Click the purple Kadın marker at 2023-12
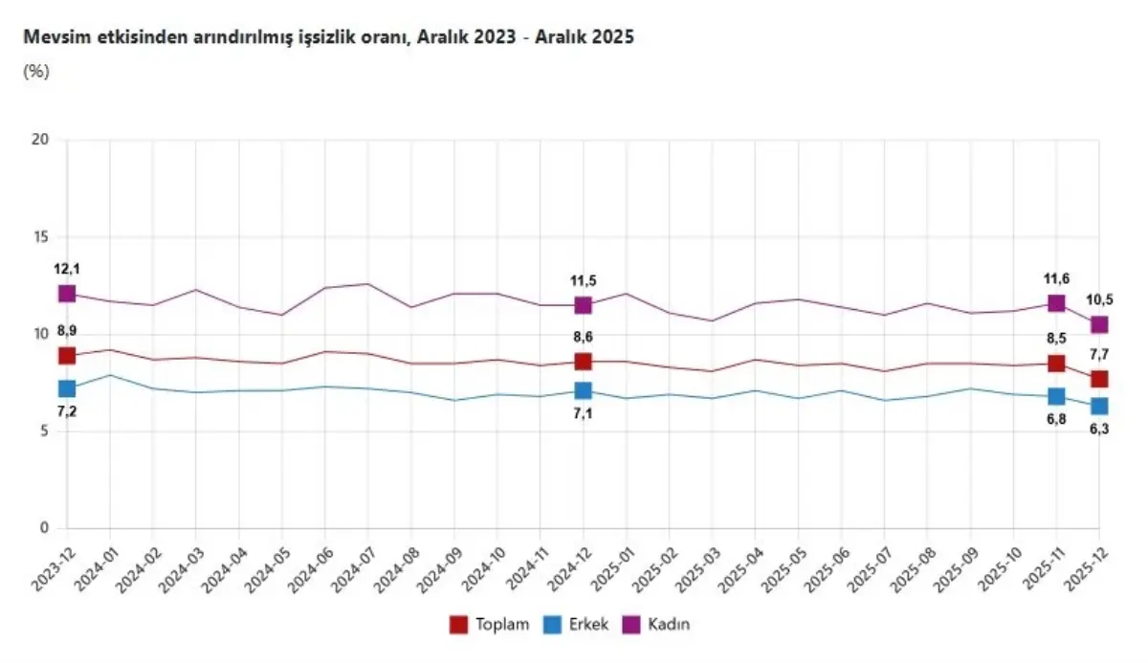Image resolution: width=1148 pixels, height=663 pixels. point(66,294)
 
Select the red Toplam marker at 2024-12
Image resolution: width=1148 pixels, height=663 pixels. point(583,362)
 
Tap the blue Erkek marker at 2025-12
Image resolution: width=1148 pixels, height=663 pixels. point(1099,407)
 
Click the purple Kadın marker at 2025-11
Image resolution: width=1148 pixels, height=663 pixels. point(1056,303)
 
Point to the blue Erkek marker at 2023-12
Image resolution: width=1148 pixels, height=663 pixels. point(66,388)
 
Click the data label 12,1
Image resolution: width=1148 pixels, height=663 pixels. point(66,269)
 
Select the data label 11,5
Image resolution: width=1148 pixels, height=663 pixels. point(583,280)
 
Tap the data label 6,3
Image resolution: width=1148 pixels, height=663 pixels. point(1099,430)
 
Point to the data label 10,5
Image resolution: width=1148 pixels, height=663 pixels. point(1099,299)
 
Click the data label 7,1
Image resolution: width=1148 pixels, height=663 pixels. point(583,413)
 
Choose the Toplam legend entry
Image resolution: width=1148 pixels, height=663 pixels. point(489,625)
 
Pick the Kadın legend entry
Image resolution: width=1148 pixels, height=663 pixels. point(669,625)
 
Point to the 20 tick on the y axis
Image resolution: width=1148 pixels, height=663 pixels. point(39,141)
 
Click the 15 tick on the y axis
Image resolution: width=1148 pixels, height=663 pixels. point(39,237)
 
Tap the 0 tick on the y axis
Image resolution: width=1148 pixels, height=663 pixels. point(43,528)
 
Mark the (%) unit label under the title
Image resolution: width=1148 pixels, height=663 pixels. point(35,71)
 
